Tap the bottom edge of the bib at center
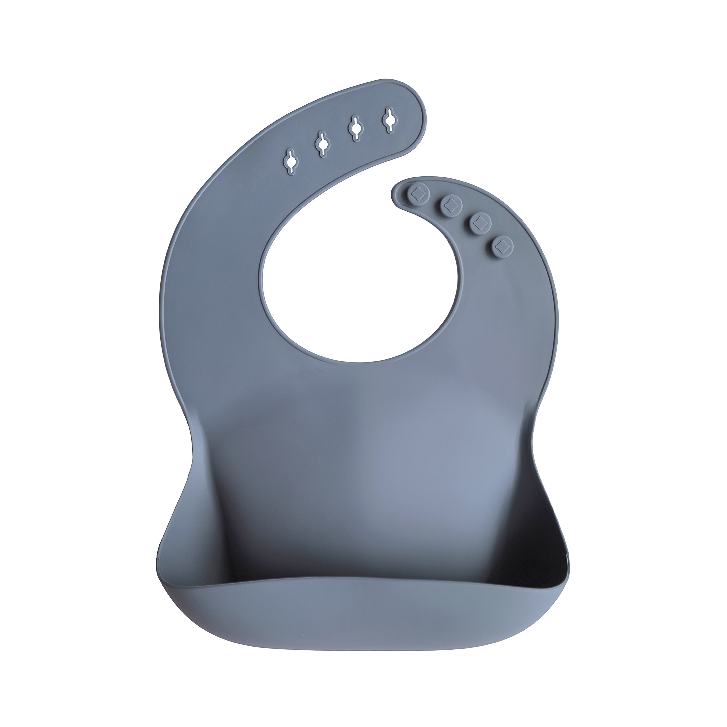[x=361, y=642]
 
